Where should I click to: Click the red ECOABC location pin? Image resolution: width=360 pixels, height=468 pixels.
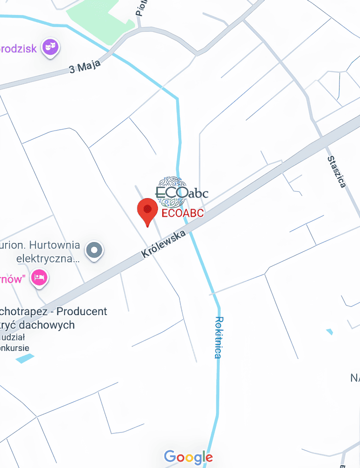147,210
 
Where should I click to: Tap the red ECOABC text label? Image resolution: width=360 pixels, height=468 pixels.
183,213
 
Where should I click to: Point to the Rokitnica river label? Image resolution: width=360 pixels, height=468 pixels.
218,337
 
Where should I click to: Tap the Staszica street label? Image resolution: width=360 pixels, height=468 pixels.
337,172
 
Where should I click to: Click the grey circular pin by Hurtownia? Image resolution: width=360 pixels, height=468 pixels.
95,250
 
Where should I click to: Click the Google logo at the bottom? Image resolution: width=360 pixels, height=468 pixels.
188,457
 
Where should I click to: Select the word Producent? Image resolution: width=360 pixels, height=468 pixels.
83,311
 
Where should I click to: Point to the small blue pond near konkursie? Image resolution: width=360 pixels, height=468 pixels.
25,358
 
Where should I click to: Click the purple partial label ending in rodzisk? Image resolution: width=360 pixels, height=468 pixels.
18,48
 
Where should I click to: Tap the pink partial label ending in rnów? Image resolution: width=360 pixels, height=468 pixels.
12,279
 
